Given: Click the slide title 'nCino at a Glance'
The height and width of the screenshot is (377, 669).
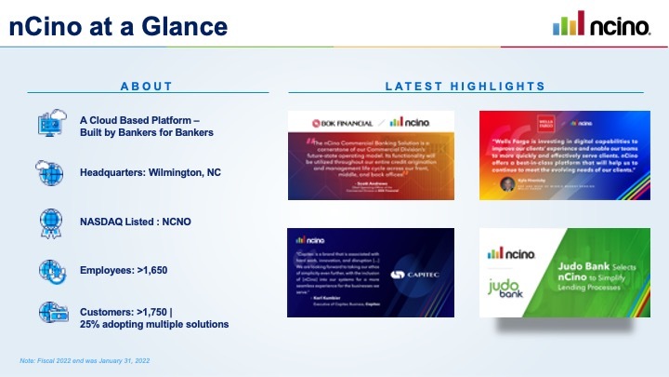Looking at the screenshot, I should [118, 26].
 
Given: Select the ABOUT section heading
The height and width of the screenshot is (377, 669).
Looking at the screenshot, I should [147, 87].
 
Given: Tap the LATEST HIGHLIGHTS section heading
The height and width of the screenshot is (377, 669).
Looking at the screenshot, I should [465, 87].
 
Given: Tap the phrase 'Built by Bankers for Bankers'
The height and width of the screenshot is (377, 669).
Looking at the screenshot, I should [159, 132].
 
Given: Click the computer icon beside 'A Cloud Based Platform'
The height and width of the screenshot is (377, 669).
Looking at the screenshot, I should [49, 125].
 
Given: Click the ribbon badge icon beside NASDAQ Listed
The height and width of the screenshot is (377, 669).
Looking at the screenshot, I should [49, 222].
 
